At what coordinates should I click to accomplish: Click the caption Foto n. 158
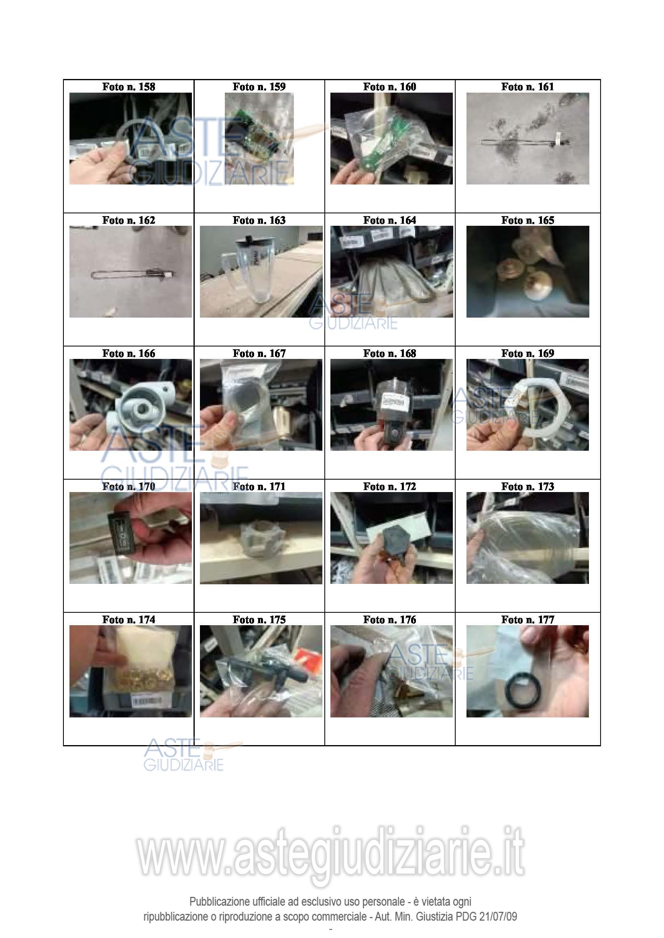tap(128, 87)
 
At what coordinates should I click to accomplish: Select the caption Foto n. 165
tap(528, 220)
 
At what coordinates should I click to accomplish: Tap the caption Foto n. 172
tap(389, 486)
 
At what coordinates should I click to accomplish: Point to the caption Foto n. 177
tap(528, 619)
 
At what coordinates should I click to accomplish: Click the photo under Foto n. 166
tap(130, 405)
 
